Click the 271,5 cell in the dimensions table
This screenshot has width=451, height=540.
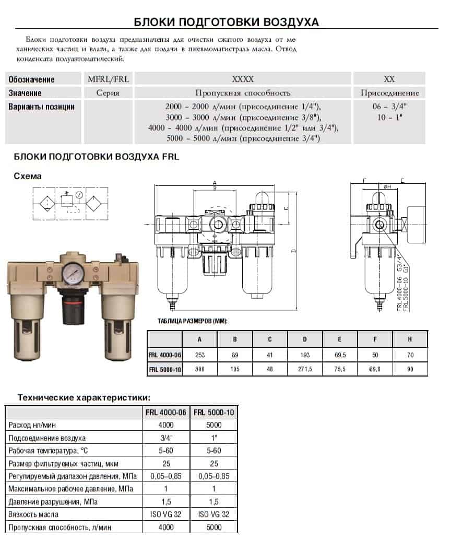coord(305,369)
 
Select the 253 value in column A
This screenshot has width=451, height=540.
coord(200,355)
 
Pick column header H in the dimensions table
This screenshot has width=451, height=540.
coord(410,339)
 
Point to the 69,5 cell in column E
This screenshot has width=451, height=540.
coord(340,355)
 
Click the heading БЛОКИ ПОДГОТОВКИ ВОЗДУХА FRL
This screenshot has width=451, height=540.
coord(97,157)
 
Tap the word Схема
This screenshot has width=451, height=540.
coord(28,176)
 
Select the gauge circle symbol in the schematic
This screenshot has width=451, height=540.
coord(79,195)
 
